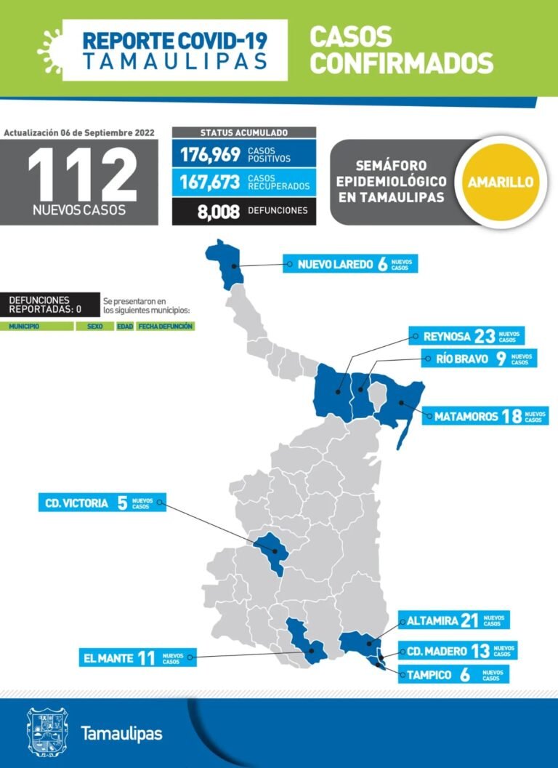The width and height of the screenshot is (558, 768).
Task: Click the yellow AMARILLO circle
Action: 500,182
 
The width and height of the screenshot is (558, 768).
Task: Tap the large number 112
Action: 82,175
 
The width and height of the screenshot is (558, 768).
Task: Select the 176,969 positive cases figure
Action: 210,154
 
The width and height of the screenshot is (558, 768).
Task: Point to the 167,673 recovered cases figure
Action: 210,182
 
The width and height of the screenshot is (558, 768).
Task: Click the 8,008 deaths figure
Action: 217,211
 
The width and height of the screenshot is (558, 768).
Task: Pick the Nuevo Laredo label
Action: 333,264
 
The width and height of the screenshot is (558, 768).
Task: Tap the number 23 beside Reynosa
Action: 485,336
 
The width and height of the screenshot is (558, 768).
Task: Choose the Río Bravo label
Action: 462,359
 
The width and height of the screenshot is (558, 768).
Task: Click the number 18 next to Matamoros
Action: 511,416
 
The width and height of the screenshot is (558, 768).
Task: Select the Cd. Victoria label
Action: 76,503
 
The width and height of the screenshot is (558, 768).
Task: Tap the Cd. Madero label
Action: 437,651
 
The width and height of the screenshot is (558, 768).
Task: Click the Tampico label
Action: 429,675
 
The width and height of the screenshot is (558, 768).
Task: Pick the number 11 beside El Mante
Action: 147,658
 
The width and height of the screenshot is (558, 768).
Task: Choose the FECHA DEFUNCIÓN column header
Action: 166,327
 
